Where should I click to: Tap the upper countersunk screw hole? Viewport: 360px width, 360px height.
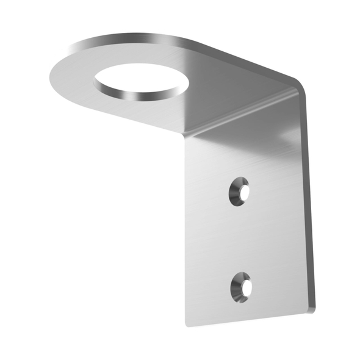pos(240,192)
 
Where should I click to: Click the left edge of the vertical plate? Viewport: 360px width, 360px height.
pos(187,232)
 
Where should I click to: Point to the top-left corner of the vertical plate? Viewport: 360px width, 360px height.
pos(187,138)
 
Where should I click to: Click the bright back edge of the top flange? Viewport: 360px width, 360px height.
pos(183,43)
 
